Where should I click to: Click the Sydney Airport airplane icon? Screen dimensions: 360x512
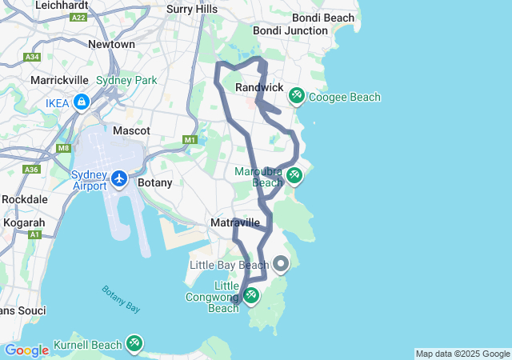[x=119, y=178]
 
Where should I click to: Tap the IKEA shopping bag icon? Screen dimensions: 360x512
[x=81, y=102]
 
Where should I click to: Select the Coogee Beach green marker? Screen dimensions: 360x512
[x=296, y=96]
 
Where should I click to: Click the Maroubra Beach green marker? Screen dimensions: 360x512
[x=294, y=174]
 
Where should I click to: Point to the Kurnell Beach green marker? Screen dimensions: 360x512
[x=134, y=344]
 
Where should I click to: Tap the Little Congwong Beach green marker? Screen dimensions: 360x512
[x=251, y=296]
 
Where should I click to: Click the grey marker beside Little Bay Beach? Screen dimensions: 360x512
[x=281, y=263]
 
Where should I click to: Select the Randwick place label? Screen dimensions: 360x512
[x=260, y=87]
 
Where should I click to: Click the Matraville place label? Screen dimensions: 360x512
[x=234, y=222]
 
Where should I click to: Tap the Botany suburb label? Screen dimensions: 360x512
[x=155, y=182]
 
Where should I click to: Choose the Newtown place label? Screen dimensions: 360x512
[x=111, y=44]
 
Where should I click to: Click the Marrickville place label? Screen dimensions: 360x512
[x=62, y=80]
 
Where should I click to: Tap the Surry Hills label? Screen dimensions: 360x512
[x=192, y=9]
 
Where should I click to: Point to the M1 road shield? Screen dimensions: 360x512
[x=190, y=140]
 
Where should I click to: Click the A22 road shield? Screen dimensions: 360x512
[x=78, y=17]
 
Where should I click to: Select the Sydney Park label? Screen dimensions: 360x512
[x=126, y=80]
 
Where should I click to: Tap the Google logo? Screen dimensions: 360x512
[x=26, y=350]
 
